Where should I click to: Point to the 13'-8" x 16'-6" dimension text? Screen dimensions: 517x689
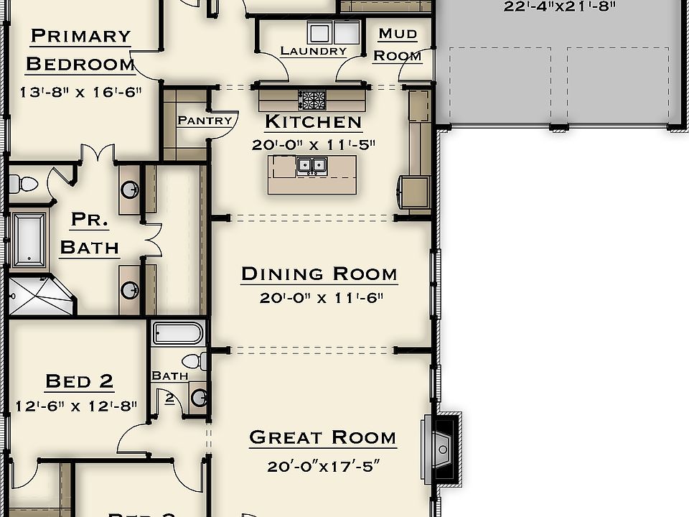[80, 91]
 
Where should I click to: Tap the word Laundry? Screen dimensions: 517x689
[313, 51]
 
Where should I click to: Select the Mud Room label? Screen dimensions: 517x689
[398, 45]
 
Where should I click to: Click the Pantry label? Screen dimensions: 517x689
[205, 121]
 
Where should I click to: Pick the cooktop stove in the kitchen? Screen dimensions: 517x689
[312, 99]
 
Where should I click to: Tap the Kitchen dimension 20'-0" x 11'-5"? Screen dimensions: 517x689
[314, 144]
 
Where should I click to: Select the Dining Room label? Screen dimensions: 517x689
[319, 274]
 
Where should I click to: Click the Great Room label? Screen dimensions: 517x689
[322, 437]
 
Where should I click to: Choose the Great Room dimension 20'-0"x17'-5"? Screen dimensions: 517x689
[322, 466]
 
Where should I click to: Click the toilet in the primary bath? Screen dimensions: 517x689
[24, 184]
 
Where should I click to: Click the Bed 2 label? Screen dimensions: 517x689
[79, 381]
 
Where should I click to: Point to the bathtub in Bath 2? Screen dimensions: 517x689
[178, 333]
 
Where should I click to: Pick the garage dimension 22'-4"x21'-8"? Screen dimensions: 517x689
[561, 7]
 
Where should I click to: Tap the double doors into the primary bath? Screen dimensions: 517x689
[97, 153]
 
